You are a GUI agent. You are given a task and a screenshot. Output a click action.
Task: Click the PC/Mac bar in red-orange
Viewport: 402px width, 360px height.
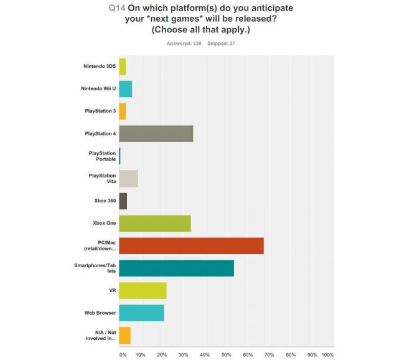click(x=191, y=245)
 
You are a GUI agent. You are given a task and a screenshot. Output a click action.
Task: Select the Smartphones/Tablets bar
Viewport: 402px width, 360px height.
click(x=176, y=268)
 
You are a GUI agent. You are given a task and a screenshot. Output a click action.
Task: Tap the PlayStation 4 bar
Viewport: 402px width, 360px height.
click(x=156, y=134)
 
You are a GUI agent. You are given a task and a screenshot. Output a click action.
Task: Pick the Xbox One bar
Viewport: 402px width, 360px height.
click(x=154, y=223)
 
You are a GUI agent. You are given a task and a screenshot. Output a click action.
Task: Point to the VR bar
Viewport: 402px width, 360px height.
click(x=143, y=290)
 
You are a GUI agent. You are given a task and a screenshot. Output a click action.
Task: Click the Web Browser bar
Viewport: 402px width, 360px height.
click(x=141, y=313)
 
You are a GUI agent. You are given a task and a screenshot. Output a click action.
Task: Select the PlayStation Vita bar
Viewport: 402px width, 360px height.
click(x=128, y=179)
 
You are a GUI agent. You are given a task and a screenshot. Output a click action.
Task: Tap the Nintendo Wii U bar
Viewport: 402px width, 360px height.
click(x=125, y=89)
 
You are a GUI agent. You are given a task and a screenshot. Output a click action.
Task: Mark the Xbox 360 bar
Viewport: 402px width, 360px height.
click(x=123, y=201)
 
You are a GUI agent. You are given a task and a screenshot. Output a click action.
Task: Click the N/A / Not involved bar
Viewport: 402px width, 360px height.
click(x=124, y=335)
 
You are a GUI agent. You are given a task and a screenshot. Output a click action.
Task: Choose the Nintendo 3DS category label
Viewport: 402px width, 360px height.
click(x=100, y=67)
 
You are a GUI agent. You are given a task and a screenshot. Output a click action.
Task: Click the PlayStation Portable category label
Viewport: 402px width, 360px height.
click(x=101, y=156)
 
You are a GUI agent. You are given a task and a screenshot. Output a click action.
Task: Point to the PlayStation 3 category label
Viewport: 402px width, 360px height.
click(x=100, y=111)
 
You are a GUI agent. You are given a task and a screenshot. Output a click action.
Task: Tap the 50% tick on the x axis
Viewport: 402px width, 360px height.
click(x=227, y=354)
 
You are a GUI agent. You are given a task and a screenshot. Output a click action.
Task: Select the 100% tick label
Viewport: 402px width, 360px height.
click(x=327, y=354)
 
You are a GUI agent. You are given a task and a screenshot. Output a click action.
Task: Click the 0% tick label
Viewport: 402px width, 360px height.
click(x=123, y=354)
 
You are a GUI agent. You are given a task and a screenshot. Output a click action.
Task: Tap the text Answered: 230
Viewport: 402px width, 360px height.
click(x=184, y=43)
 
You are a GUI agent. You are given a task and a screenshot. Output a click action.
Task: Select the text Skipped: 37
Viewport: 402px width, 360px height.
click(x=221, y=43)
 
